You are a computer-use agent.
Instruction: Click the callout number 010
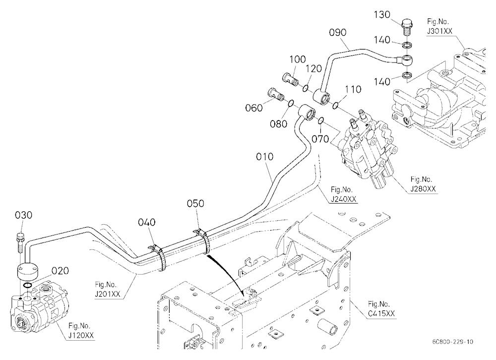(x=265, y=157)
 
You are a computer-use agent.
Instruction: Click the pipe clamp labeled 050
(x=202, y=240)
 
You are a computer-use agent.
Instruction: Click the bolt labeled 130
(x=406, y=28)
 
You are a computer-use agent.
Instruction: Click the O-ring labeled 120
(x=306, y=88)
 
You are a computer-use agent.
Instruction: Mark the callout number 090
(x=338, y=33)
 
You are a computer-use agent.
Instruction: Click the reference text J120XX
(x=81, y=336)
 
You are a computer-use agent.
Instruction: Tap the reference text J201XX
(x=108, y=294)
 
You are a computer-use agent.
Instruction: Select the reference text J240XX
(x=344, y=199)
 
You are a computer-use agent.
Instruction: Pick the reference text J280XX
(x=423, y=189)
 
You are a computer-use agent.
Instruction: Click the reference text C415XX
(x=381, y=314)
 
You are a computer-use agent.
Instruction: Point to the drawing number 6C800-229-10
(x=453, y=342)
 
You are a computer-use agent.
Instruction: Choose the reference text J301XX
(x=439, y=31)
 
